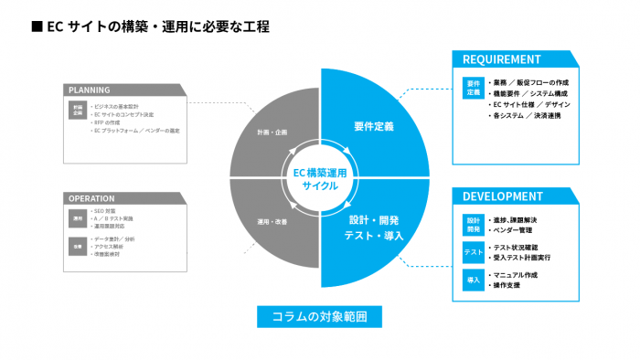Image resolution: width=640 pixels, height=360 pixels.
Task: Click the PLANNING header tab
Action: (90, 90)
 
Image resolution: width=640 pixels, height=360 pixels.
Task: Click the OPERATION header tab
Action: (91, 197)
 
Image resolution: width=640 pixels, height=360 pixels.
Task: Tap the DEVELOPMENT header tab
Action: (504, 196)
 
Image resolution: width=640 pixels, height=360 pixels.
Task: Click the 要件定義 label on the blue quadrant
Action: (373, 126)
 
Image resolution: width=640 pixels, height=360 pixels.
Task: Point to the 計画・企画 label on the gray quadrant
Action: (272, 132)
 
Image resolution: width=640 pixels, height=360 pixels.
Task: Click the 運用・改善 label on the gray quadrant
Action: (272, 222)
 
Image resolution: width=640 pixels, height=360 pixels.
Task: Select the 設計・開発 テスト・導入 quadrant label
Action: (373, 228)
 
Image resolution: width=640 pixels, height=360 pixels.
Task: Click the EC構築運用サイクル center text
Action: (320, 178)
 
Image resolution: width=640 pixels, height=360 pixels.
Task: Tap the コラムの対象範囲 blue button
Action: (319, 316)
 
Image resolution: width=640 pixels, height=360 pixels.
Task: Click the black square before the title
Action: (37, 26)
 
